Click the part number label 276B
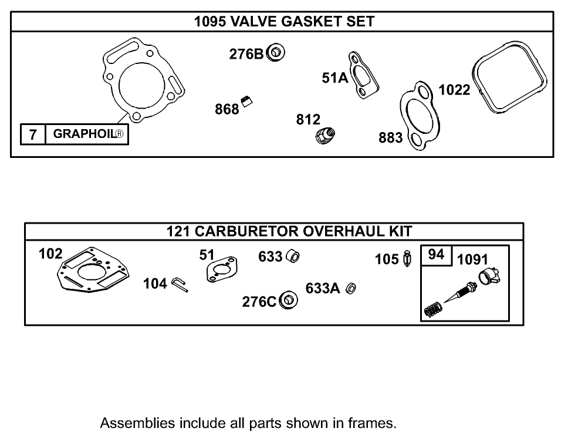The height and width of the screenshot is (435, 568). (246, 54)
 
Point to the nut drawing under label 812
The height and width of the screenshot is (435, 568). (323, 137)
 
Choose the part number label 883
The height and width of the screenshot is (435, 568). (391, 138)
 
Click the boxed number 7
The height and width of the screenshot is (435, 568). (33, 134)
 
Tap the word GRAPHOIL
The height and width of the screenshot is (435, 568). (84, 134)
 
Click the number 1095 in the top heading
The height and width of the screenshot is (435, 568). (211, 22)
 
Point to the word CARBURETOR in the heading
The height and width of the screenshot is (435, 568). (247, 231)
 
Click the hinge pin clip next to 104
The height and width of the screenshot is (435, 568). (180, 285)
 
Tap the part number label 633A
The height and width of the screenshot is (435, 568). (323, 288)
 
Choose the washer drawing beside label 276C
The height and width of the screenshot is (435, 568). (289, 300)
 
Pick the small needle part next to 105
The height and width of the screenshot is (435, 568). (408, 259)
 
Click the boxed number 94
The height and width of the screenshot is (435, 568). (436, 255)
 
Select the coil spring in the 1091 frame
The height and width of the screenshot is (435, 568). (432, 309)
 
